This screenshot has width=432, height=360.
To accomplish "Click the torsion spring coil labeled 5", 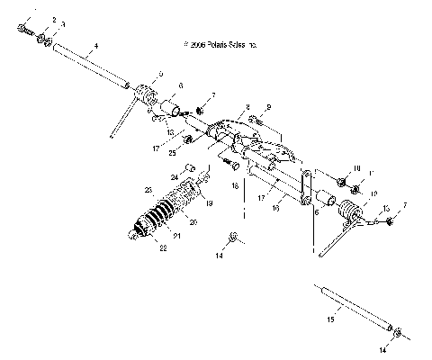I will click(x=146, y=93).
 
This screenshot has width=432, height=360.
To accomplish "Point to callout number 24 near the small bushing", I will click(x=188, y=176).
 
